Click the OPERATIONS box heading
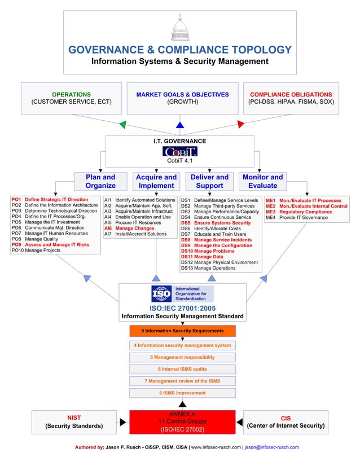71,94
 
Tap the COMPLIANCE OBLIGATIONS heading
291,94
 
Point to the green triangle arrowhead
123,124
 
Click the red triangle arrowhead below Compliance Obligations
240,124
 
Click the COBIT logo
179,151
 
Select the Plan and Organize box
100,181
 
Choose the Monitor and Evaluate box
262,181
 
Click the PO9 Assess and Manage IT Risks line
51,245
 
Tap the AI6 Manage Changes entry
129,228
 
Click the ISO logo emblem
161,294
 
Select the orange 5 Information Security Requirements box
182,331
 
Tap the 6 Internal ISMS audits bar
182,369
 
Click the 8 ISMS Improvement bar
182,393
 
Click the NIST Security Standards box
74,421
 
